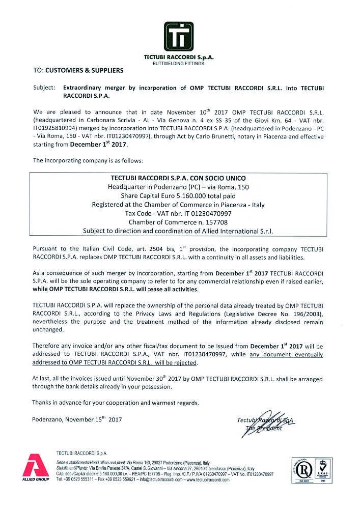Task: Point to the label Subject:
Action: point(44,88)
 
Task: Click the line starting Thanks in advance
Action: point(115,403)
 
